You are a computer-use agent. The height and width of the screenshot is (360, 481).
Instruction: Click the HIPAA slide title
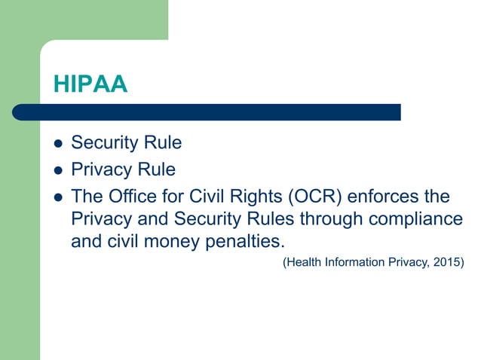(x=90, y=84)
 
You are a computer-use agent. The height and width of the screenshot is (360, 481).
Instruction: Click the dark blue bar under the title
(x=207, y=112)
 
